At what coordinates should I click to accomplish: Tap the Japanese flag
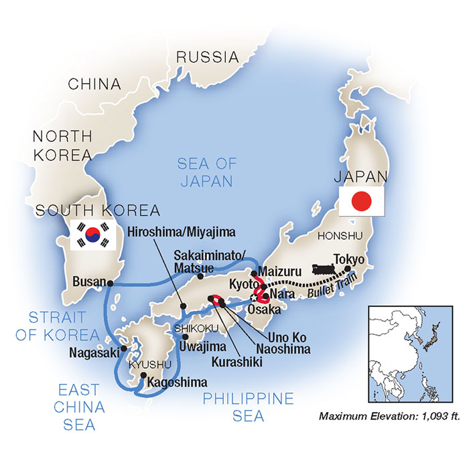362,200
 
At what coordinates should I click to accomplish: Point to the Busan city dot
110,282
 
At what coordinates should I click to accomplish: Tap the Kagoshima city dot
143,375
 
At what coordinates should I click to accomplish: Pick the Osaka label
267,310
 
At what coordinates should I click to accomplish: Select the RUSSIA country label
207,57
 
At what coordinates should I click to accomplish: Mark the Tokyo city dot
348,270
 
